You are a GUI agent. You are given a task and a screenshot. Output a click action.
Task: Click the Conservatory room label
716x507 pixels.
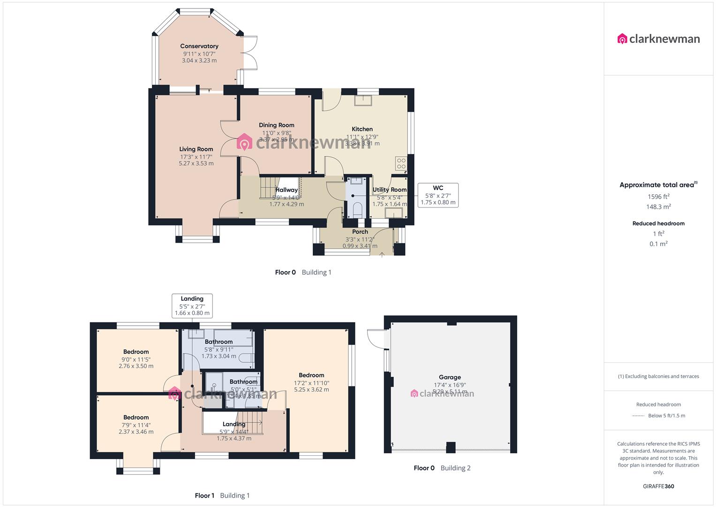point(199,46)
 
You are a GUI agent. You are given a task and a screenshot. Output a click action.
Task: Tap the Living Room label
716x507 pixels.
point(196,149)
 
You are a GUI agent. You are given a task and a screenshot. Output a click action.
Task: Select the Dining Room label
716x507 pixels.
point(277,125)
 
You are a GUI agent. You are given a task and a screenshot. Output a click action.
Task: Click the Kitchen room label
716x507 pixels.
point(362,129)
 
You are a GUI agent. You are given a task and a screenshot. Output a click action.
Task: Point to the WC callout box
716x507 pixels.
point(437,195)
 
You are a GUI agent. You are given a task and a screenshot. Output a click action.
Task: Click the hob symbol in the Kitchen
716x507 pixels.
point(401,163)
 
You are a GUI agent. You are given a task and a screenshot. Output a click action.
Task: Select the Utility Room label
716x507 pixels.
point(389,190)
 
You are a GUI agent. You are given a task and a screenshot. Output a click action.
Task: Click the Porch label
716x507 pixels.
point(360,231)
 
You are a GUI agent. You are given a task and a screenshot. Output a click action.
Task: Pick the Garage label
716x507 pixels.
point(450,377)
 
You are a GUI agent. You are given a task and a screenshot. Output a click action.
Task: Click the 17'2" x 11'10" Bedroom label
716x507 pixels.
point(311,376)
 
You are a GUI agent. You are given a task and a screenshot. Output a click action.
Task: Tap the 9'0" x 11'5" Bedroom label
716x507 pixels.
point(136,352)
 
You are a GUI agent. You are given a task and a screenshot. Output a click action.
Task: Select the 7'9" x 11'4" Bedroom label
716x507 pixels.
point(136,418)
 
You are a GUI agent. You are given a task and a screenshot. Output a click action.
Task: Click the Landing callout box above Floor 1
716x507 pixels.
point(192,306)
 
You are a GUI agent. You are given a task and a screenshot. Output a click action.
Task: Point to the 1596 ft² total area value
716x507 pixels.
point(658,197)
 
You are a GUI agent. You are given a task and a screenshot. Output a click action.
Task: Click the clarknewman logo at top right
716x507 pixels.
point(658,39)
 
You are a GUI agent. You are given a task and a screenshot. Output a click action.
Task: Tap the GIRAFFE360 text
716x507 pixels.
point(658,486)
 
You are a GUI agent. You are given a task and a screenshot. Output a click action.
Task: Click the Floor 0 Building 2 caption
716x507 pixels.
point(442,468)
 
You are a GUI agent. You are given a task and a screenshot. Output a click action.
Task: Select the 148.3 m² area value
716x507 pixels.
point(658,207)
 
